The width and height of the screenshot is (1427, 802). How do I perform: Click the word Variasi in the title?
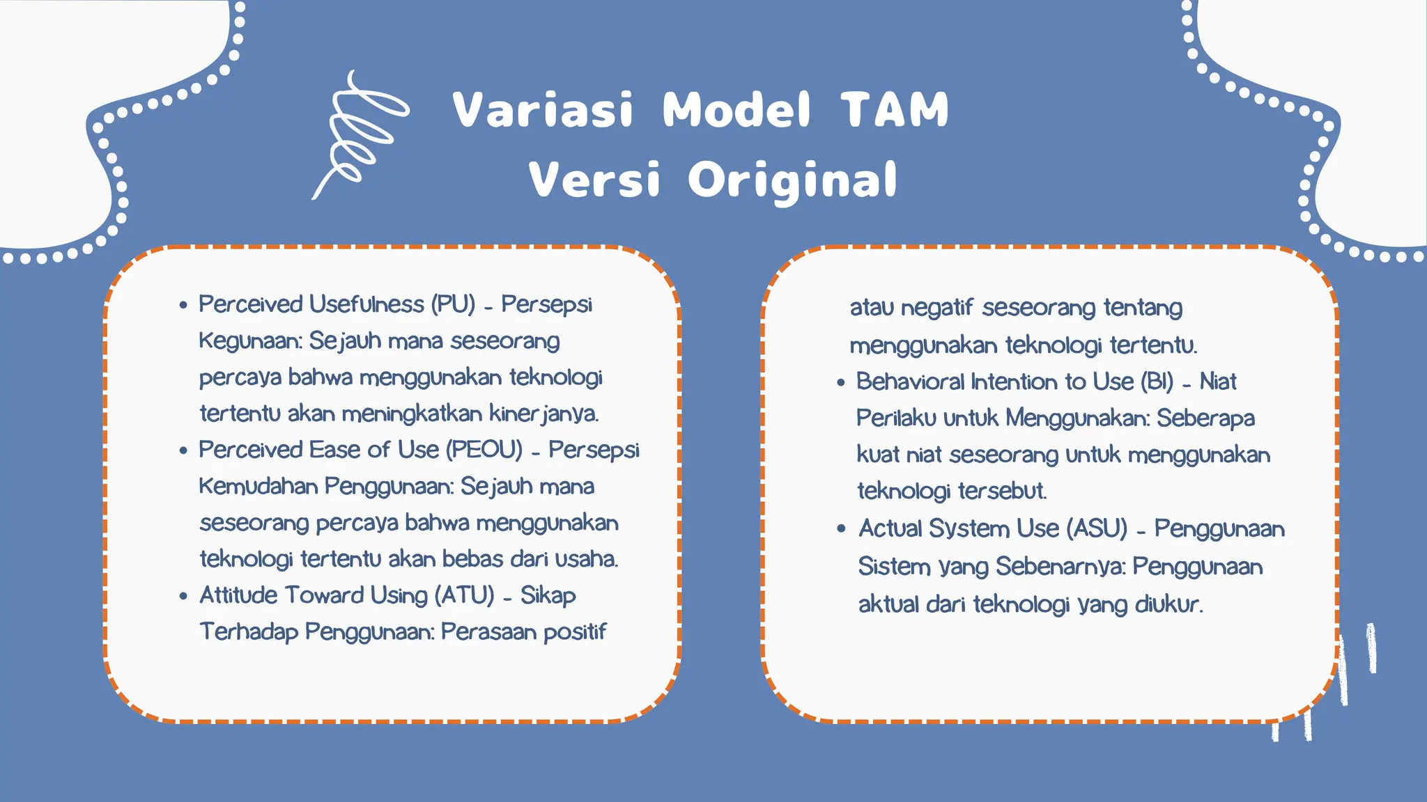[543, 110]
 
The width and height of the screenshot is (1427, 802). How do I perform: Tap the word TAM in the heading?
[895, 110]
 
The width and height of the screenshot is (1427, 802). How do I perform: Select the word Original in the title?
[792, 180]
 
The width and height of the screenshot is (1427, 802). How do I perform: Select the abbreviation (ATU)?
[464, 595]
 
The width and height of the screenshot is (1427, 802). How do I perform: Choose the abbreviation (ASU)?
[1097, 528]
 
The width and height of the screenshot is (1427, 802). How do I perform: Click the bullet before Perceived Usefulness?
[183, 305]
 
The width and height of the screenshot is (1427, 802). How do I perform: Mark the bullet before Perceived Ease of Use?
[183, 450]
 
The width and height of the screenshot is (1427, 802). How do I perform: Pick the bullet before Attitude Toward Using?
[183, 596]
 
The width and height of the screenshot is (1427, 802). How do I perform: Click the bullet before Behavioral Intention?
[841, 382]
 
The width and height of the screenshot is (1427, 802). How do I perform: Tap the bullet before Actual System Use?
[841, 529]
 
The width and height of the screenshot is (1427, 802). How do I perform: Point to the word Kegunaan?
[250, 341]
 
